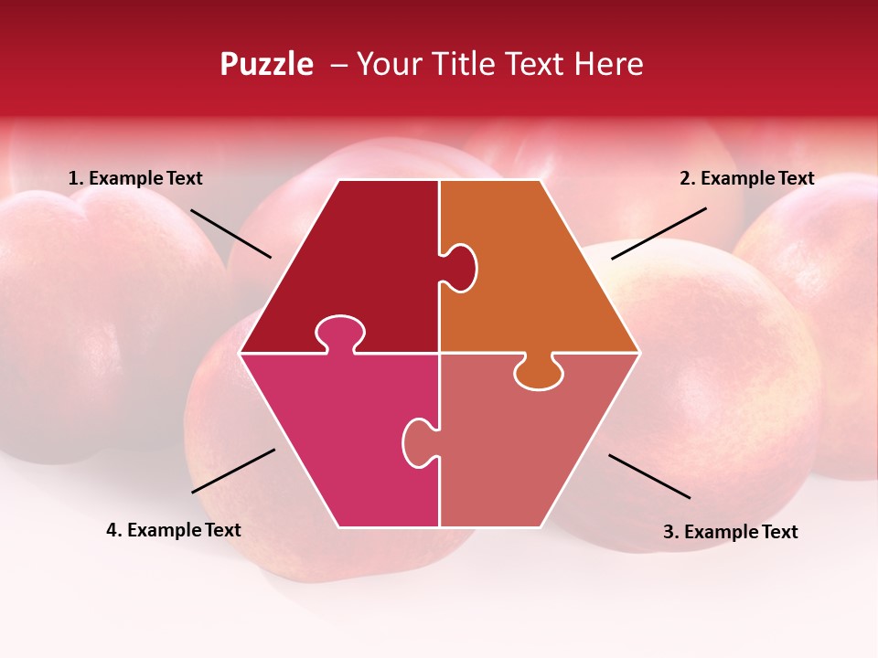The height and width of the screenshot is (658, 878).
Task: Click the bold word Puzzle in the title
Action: click(x=266, y=64)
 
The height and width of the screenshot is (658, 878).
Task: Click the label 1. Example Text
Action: click(x=135, y=179)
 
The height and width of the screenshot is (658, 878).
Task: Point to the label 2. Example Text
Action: click(x=746, y=179)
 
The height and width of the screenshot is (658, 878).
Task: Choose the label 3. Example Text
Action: click(x=730, y=532)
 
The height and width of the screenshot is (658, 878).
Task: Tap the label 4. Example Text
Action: click(x=174, y=530)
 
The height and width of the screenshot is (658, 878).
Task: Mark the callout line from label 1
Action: click(x=230, y=233)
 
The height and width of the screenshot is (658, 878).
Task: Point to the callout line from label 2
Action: click(x=658, y=233)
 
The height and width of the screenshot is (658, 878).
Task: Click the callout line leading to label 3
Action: click(x=649, y=476)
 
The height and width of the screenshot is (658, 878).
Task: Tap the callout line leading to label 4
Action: click(x=233, y=471)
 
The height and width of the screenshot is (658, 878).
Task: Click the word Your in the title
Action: click(x=391, y=64)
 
